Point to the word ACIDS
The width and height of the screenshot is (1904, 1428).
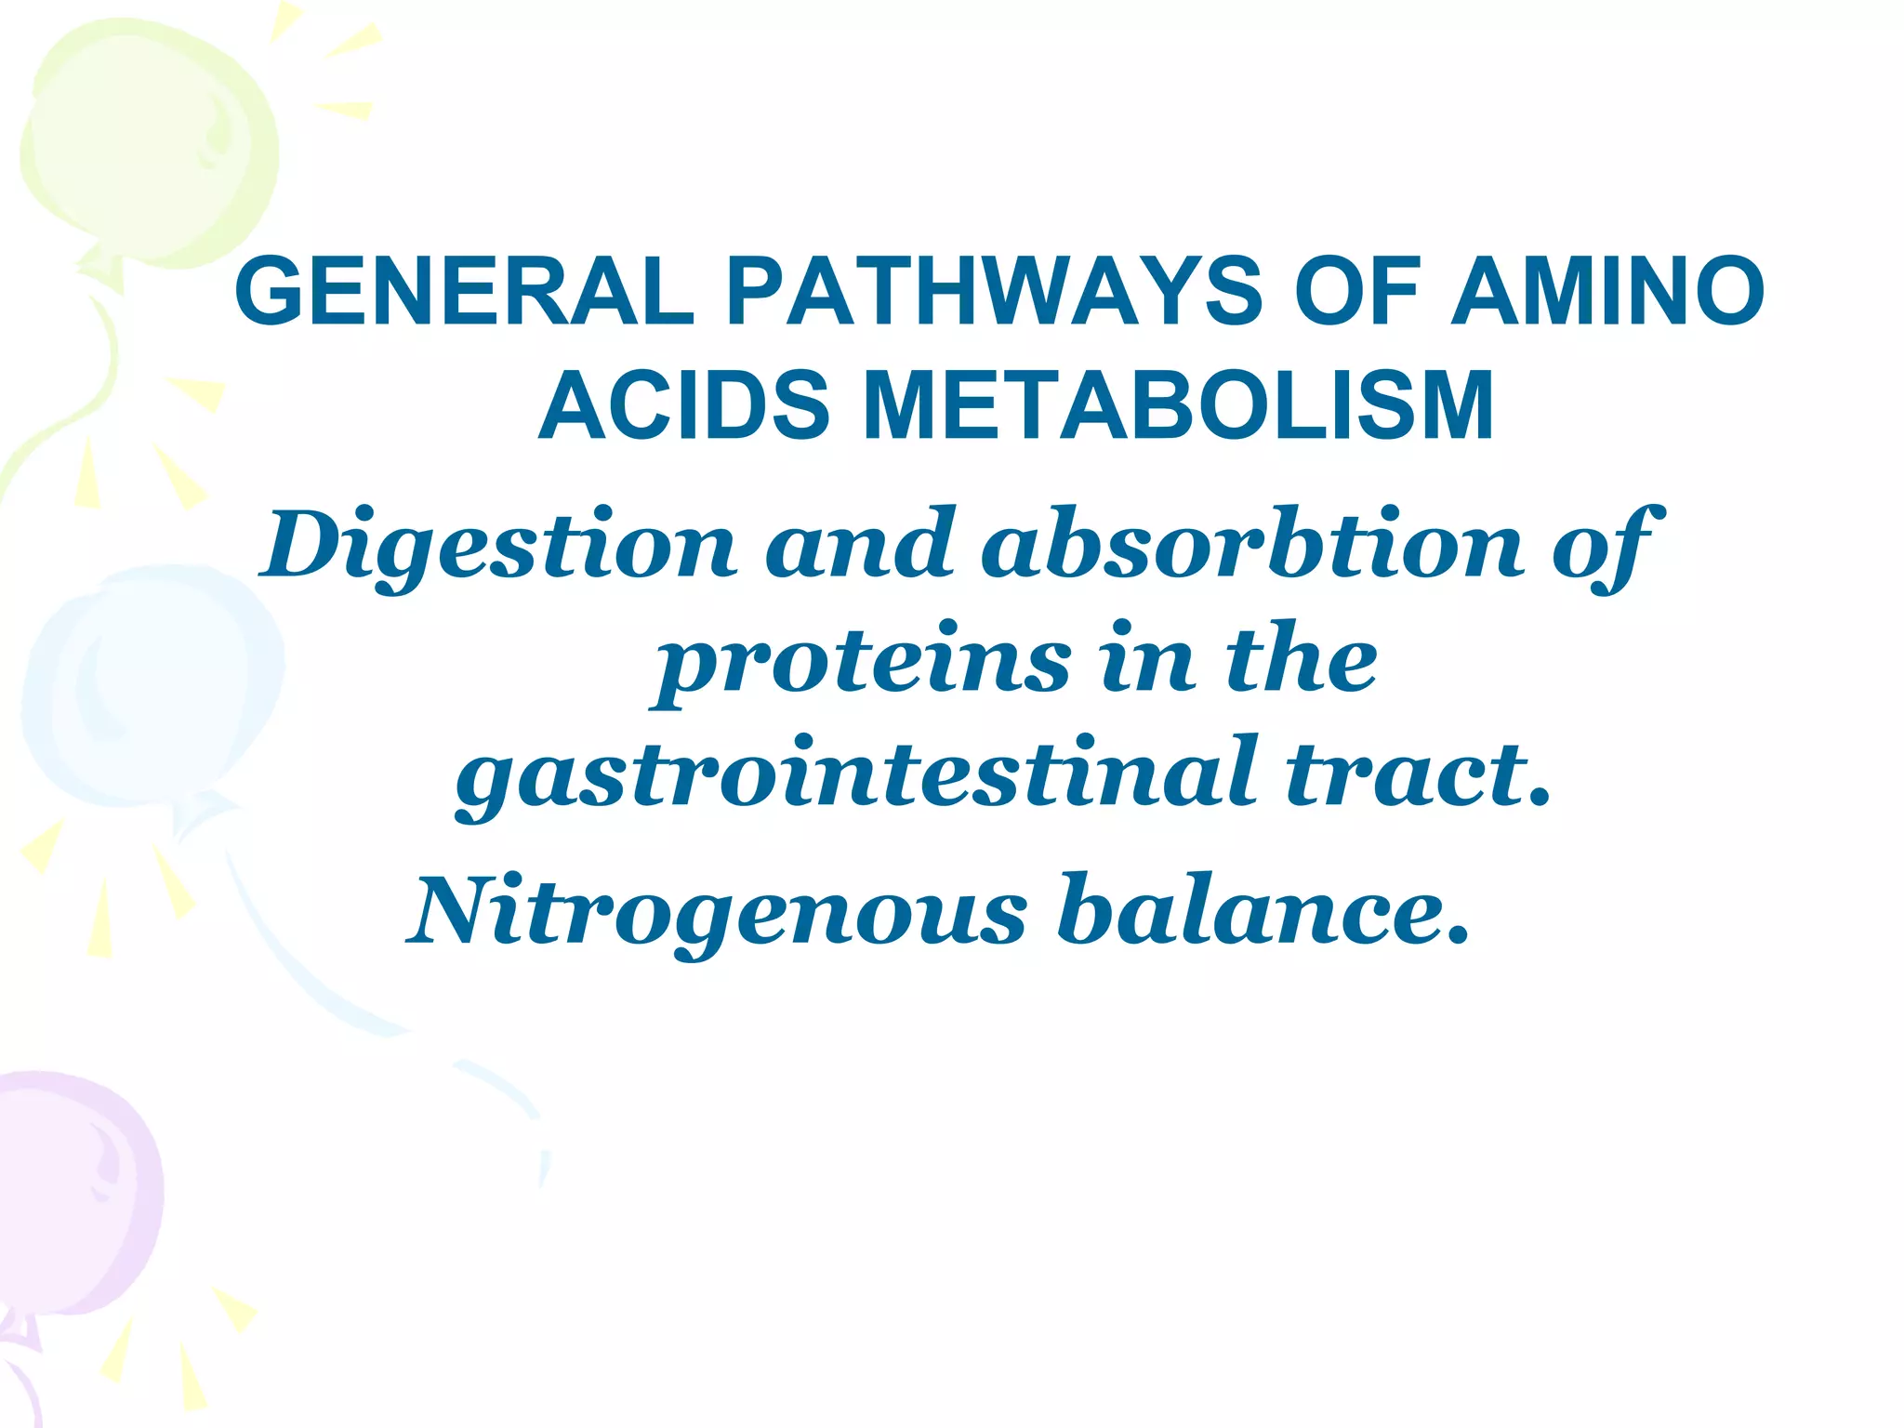[683, 406]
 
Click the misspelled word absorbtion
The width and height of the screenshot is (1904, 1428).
[1251, 544]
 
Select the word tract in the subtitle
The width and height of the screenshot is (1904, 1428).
[1404, 773]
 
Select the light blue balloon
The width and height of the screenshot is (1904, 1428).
[149, 688]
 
